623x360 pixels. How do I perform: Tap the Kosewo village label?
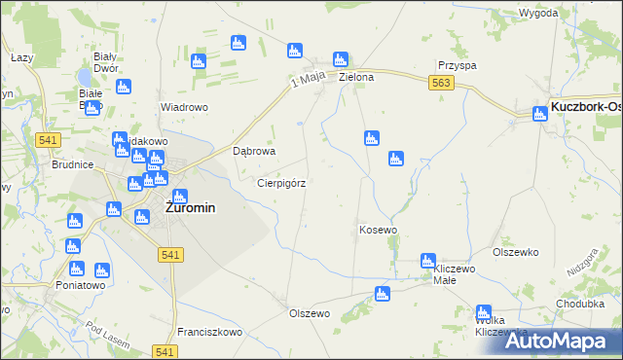[x=378, y=231]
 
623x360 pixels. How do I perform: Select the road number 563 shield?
[x=440, y=86]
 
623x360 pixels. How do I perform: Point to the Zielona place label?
[x=355, y=77]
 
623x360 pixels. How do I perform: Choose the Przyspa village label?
[x=456, y=65]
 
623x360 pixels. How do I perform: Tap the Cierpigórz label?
[x=281, y=183]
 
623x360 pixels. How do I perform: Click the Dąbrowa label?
[x=255, y=152]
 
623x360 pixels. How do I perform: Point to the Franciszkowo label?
[x=209, y=332]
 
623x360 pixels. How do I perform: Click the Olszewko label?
[x=515, y=252]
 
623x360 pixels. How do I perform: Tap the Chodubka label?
[x=580, y=304]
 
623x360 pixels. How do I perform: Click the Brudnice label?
[x=72, y=165]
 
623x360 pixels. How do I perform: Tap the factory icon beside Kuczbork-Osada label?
[x=541, y=115]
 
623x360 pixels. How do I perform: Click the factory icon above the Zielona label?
[x=341, y=59]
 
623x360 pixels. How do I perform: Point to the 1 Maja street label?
[x=308, y=85]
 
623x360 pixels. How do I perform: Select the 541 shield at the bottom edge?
[x=165, y=351]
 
